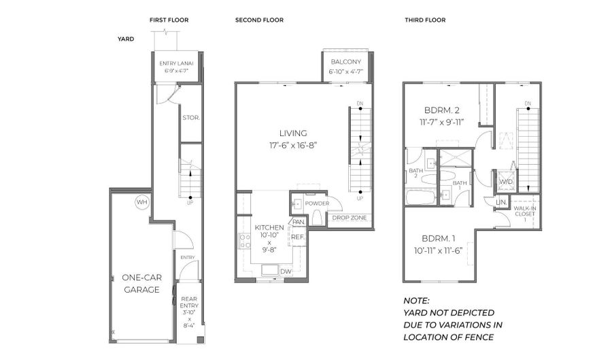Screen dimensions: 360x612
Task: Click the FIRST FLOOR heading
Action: pos(169,20)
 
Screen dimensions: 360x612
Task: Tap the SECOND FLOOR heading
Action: pos(259,20)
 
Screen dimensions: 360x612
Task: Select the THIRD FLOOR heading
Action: pos(425,20)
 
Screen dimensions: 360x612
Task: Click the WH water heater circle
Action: pos(141,202)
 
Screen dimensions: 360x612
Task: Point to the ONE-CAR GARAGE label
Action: pos(141,284)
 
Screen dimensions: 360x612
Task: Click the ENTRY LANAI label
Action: pos(177,63)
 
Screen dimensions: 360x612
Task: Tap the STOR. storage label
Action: pos(190,117)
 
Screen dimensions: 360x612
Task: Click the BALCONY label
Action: pos(346,62)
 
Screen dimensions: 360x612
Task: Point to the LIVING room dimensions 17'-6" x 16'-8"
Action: pos(293,144)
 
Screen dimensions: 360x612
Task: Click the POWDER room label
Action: pos(317,203)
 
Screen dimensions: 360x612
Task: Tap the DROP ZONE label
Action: pos(350,218)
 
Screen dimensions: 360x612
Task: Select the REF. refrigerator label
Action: pos(298,237)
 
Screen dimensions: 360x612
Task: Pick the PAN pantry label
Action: pos(298,222)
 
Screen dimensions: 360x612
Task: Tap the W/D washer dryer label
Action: pos(506,182)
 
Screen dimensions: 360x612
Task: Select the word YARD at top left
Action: pos(126,39)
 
